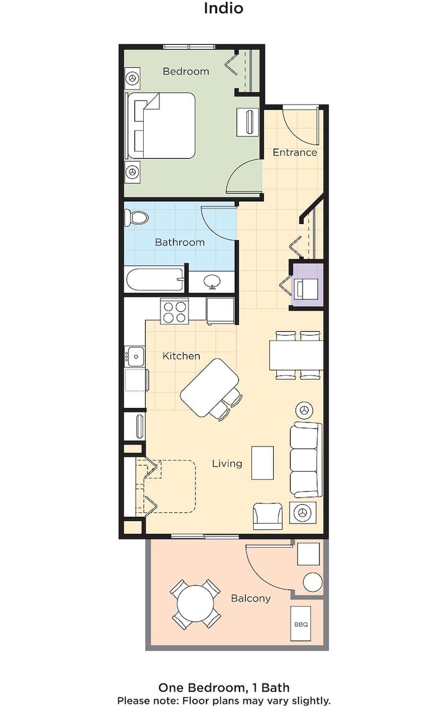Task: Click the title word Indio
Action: [223, 8]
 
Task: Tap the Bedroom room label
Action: [185, 71]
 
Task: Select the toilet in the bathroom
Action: [137, 217]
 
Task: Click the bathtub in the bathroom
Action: [154, 280]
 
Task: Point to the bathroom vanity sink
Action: [212, 281]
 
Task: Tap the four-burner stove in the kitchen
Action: [174, 311]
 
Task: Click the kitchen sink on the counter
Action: [135, 356]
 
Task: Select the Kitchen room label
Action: [181, 356]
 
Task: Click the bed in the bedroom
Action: [160, 125]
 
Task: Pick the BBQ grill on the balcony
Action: [301, 624]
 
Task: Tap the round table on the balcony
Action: [195, 604]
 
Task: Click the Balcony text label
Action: [250, 598]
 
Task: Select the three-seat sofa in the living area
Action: [305, 460]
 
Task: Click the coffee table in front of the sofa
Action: [263, 463]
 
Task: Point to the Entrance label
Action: [295, 153]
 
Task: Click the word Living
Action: [227, 464]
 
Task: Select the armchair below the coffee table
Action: [268, 516]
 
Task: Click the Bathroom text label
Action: [180, 242]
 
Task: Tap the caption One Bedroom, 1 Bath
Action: [224, 687]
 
